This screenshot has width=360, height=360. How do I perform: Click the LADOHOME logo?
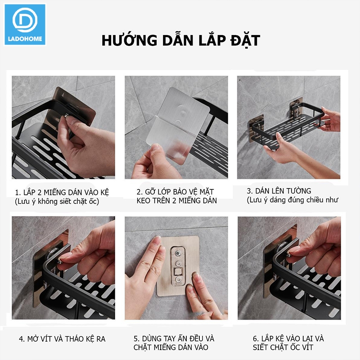(x=25, y=24)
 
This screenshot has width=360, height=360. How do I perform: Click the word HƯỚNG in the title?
(x=129, y=40)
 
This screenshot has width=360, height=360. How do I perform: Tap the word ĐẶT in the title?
(x=245, y=40)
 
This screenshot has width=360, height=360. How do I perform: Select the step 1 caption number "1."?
(x=18, y=192)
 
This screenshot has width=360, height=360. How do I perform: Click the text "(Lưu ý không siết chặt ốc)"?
(x=57, y=202)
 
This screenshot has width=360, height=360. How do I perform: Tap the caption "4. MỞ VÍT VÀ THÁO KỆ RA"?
(x=62, y=339)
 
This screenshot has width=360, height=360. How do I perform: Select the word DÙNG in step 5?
(x=152, y=338)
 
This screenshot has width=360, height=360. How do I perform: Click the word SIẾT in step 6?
(x=261, y=347)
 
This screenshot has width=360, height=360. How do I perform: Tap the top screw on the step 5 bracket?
(x=177, y=253)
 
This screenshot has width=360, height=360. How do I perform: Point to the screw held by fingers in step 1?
(x=66, y=117)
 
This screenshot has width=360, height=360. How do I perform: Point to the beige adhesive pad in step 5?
(x=178, y=266)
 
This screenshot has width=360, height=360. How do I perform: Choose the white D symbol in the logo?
(x=25, y=20)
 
